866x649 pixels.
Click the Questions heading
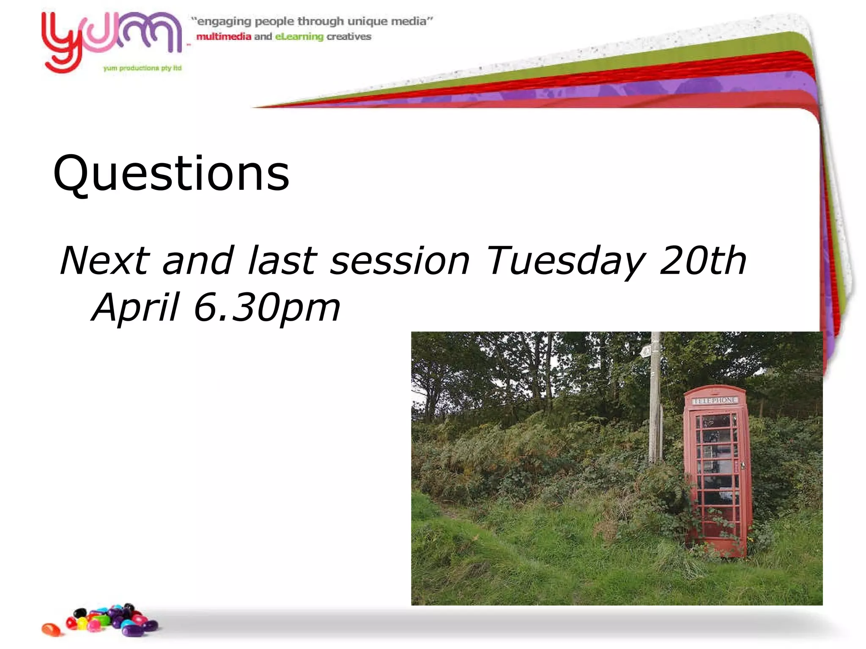click(x=171, y=173)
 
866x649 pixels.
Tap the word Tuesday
click(x=565, y=261)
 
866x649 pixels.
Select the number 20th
click(x=702, y=260)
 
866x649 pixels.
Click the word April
click(x=135, y=307)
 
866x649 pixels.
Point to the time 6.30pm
click(x=266, y=308)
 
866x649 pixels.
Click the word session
click(x=400, y=261)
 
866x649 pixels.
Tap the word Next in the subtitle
click(x=105, y=260)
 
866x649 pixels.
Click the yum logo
click(x=111, y=40)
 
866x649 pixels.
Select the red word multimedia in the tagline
click(x=224, y=37)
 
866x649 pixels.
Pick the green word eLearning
click(x=299, y=37)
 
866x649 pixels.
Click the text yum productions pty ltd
click(x=143, y=68)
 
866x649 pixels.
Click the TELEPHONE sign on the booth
click(x=715, y=400)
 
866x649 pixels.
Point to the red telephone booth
click(x=718, y=471)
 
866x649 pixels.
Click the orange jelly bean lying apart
click(x=51, y=629)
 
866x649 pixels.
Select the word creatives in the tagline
click(x=349, y=37)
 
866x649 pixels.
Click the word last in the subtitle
click(x=282, y=260)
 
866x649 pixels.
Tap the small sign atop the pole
click(x=646, y=350)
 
